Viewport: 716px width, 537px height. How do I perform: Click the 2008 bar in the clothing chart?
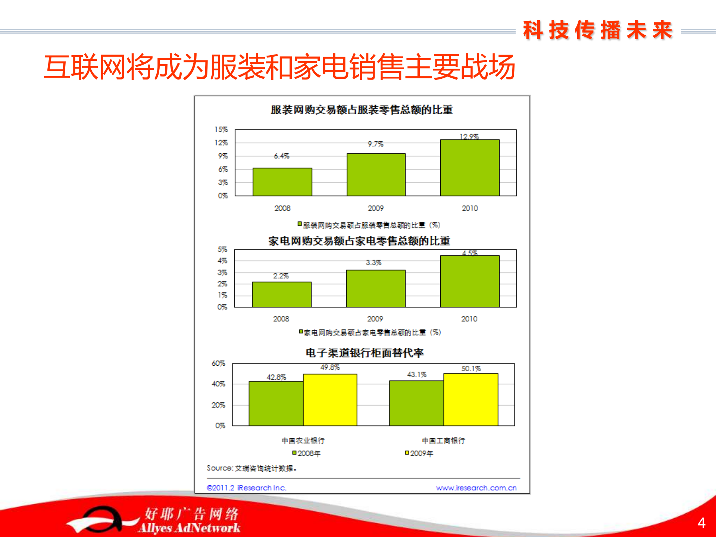coord(282,182)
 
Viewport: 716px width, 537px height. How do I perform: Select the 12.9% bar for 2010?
coord(469,168)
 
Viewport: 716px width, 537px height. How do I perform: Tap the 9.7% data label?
coord(375,144)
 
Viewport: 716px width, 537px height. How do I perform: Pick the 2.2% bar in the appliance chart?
coord(281,294)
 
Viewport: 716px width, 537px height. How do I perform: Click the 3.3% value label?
coord(373,263)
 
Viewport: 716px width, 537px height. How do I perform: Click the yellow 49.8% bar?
coord(330,400)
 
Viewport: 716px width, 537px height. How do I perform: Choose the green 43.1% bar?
coord(416,403)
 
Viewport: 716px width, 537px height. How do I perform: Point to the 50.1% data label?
coord(471,369)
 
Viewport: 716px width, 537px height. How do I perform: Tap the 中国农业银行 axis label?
coord(303,441)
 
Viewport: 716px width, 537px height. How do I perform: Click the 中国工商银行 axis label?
coord(443,441)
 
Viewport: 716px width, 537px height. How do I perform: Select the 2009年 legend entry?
coord(419,453)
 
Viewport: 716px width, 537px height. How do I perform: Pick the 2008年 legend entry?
coord(307,453)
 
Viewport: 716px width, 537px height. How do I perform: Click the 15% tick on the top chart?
coord(221,129)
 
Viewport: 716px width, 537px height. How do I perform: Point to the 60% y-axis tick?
coord(218,363)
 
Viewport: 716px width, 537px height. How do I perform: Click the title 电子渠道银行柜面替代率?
coord(365,353)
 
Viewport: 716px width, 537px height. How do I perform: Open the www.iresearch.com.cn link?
coord(476,488)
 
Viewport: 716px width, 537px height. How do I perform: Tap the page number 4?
coord(701,523)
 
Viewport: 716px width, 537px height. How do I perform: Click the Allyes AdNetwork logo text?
coord(189,528)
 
